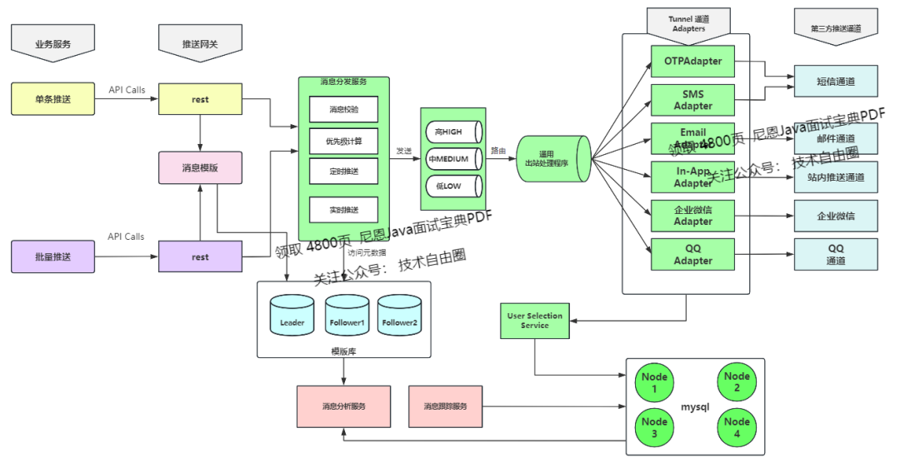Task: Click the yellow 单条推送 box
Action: pyautogui.click(x=53, y=99)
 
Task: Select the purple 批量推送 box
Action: pyautogui.click(x=53, y=256)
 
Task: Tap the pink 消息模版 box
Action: pyautogui.click(x=200, y=167)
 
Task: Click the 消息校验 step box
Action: pyautogui.click(x=343, y=109)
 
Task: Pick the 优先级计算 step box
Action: pyautogui.click(x=343, y=141)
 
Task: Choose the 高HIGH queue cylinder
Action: pyautogui.click(x=452, y=132)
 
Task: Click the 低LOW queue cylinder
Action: pyautogui.click(x=452, y=186)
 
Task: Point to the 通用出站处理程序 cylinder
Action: pyautogui.click(x=552, y=159)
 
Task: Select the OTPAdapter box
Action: pyautogui.click(x=692, y=61)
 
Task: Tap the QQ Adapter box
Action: pyautogui.click(x=692, y=254)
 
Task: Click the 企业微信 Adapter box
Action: pyautogui.click(x=692, y=215)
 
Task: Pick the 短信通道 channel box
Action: pyautogui.click(x=836, y=82)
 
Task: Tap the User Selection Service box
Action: pyautogui.click(x=534, y=321)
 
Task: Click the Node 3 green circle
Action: pyautogui.click(x=654, y=428)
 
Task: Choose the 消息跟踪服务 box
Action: pyautogui.click(x=445, y=406)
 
